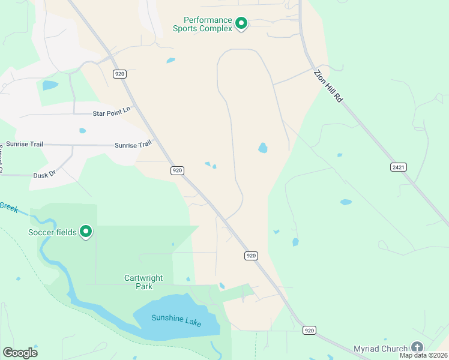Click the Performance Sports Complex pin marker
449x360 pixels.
(x=241, y=23)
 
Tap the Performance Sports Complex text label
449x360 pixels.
(x=202, y=23)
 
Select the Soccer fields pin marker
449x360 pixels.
(x=86, y=231)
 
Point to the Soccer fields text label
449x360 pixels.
(x=53, y=232)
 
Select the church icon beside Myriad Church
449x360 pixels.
(x=417, y=347)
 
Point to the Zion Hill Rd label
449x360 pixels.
(x=328, y=86)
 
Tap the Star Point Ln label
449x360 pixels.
(x=111, y=112)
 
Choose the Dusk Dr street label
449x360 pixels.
(x=44, y=174)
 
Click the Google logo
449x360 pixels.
(x=20, y=352)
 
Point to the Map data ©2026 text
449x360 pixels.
(x=423, y=355)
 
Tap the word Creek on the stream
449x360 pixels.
(x=8, y=206)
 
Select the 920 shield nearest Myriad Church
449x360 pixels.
(x=309, y=330)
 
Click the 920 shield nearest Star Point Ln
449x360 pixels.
(x=119, y=74)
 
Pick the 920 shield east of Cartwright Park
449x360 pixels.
(x=252, y=256)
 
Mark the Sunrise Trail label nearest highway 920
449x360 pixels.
(x=133, y=145)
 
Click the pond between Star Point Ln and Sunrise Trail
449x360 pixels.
(x=82, y=130)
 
